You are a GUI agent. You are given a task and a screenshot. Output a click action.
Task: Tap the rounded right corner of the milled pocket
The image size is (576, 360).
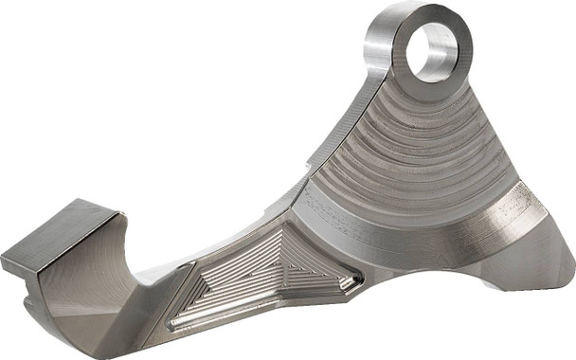point(355,279)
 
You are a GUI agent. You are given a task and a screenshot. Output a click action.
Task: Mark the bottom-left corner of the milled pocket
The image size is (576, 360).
point(175,324)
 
